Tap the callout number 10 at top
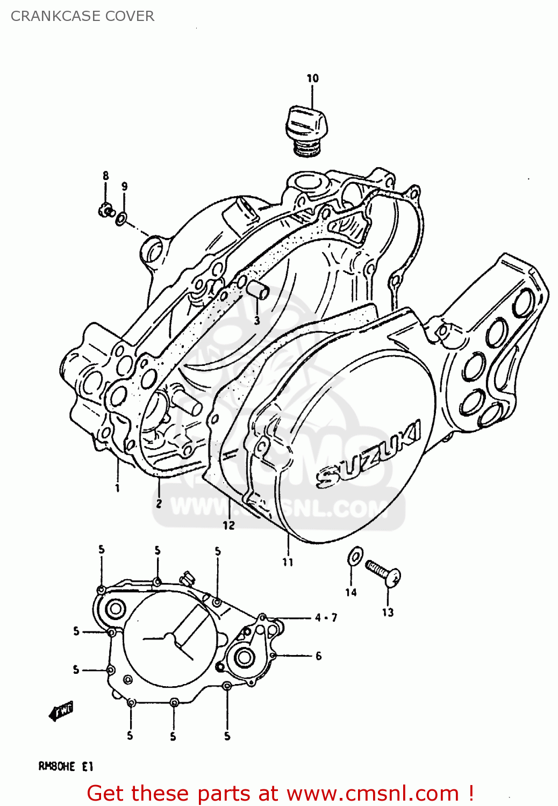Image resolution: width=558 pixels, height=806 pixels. tap(312, 78)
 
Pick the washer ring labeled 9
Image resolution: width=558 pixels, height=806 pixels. tap(123, 218)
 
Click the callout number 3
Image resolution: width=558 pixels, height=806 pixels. tap(257, 321)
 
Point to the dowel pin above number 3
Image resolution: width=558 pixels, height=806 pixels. tap(257, 290)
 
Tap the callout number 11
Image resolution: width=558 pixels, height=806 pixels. tap(288, 562)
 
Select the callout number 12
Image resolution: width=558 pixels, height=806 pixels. tap(229, 525)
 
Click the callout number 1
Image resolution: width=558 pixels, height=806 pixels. tap(117, 488)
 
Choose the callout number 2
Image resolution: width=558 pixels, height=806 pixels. tap(159, 503)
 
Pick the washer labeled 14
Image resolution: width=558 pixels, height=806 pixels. tap(355, 557)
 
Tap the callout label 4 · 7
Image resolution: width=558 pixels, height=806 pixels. tap(326, 618)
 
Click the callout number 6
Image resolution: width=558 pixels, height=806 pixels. tap(319, 656)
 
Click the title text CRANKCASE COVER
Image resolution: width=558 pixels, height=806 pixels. tap(82, 16)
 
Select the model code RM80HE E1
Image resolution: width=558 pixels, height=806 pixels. tap(66, 766)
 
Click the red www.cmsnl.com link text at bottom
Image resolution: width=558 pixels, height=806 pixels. tap(373, 793)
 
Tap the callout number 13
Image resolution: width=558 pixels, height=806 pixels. tap(388, 613)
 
